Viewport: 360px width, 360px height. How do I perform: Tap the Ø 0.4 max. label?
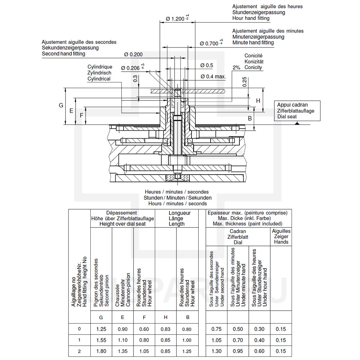(213, 76)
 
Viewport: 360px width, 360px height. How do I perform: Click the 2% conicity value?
(236, 67)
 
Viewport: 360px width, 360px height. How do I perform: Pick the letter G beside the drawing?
(61, 105)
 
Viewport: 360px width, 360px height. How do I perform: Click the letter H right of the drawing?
(258, 101)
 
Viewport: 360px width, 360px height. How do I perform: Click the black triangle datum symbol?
(297, 123)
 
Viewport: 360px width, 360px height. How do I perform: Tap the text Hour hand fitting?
(253, 18)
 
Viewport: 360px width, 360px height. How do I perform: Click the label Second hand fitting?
(63, 54)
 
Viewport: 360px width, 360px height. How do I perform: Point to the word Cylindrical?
(99, 78)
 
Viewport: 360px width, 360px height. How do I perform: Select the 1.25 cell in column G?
(101, 329)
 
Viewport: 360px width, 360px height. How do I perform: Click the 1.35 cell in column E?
(122, 351)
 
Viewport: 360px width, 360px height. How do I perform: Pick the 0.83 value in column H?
(166, 329)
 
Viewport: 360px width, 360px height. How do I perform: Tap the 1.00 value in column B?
(187, 340)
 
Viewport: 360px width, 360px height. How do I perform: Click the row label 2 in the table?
(79, 351)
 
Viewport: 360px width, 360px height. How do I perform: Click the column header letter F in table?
(144, 317)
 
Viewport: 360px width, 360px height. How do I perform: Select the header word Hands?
(281, 242)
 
